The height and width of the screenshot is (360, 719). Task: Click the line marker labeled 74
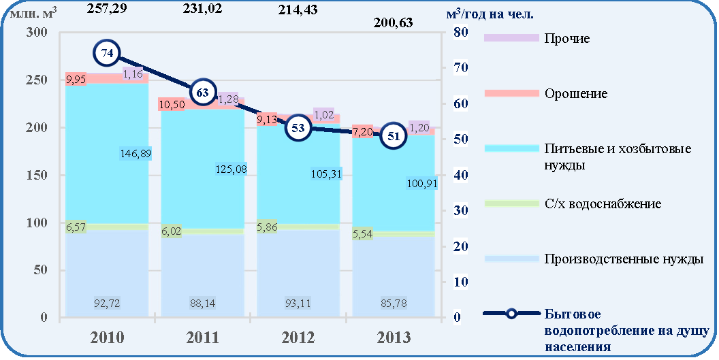(x=107, y=54)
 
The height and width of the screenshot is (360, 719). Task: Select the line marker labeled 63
(x=202, y=93)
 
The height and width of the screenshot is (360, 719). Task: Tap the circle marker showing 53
(x=298, y=128)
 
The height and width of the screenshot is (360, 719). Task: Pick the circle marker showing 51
(x=394, y=136)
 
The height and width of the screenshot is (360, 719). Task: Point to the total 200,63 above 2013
(x=393, y=22)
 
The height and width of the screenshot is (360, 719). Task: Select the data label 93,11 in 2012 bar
(x=298, y=303)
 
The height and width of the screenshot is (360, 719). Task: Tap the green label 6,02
(x=171, y=231)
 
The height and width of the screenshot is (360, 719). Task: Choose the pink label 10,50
(x=173, y=105)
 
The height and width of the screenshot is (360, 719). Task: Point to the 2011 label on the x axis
(x=202, y=338)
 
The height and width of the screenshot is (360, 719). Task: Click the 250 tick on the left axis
(x=38, y=80)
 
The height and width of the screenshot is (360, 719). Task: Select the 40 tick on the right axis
(x=460, y=175)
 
